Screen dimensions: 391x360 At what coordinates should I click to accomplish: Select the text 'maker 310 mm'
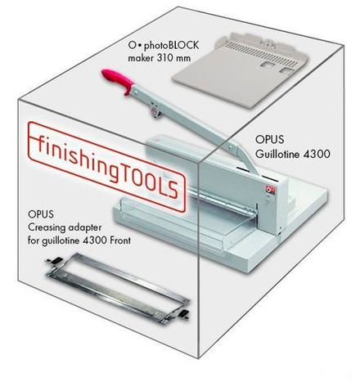pyautogui.click(x=154, y=59)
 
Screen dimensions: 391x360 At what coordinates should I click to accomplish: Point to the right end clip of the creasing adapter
pyautogui.click(x=187, y=315)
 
